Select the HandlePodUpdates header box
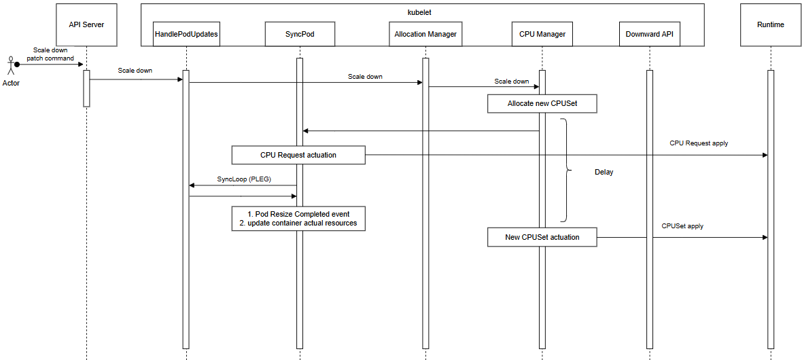[x=186, y=34]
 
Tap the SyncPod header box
[x=300, y=34]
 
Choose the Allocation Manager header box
[x=425, y=34]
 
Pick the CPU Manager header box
[x=542, y=34]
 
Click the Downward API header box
[x=650, y=34]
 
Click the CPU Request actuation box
[x=298, y=155]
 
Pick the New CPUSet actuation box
[x=542, y=237]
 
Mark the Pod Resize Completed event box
[x=298, y=218]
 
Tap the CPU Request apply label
[x=699, y=143]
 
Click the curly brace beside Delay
[x=565, y=170]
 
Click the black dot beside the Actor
[x=17, y=65]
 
